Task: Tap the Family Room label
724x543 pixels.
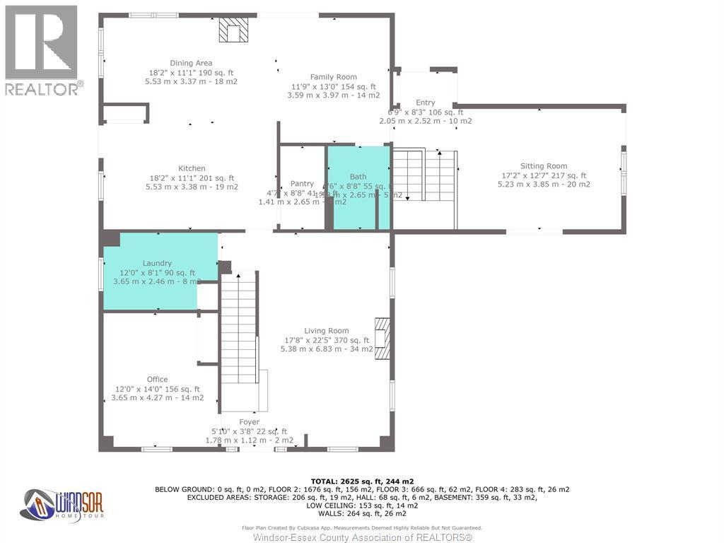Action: point(334,77)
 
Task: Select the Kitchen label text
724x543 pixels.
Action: point(192,168)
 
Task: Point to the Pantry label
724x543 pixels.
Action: point(302,184)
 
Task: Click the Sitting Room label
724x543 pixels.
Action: point(544,166)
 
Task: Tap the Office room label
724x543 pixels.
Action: point(158,380)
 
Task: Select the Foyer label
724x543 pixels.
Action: point(249,422)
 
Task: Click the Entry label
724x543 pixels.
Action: point(426,103)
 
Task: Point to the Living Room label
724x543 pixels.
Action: point(327,330)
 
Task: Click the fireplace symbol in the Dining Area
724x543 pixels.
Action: point(233,30)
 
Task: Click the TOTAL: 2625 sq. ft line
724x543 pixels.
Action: point(361,480)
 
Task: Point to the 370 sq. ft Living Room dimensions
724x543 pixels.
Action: point(326,340)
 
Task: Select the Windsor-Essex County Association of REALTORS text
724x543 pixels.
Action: point(362,538)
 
